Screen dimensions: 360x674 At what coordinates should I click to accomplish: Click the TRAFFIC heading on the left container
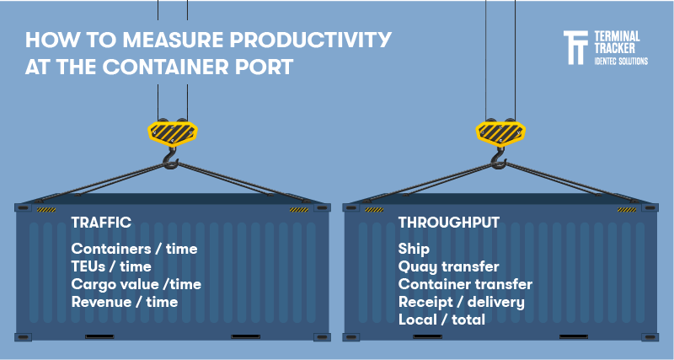pos(101,223)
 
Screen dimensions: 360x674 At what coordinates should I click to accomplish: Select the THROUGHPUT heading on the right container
pos(449,223)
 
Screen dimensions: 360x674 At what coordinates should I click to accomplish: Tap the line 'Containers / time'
pos(134,249)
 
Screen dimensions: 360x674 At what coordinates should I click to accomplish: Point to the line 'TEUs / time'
pos(111,266)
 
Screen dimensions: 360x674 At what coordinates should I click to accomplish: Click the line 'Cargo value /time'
pos(136,284)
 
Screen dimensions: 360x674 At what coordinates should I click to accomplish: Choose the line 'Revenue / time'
pos(125,302)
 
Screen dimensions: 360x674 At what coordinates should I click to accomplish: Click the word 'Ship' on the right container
pos(414,249)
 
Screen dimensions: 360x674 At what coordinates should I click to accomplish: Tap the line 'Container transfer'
pos(465,284)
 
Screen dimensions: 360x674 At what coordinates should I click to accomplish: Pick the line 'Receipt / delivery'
pos(461,302)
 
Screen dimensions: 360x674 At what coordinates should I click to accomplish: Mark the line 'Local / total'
pos(441,320)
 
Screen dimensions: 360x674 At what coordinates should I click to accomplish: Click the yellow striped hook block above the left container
pos(172,131)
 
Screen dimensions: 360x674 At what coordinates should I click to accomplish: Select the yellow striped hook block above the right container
pos(500,131)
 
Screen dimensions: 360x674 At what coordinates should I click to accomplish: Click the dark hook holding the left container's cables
pos(171,158)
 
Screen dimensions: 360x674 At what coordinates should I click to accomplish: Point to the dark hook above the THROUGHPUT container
pos(500,158)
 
